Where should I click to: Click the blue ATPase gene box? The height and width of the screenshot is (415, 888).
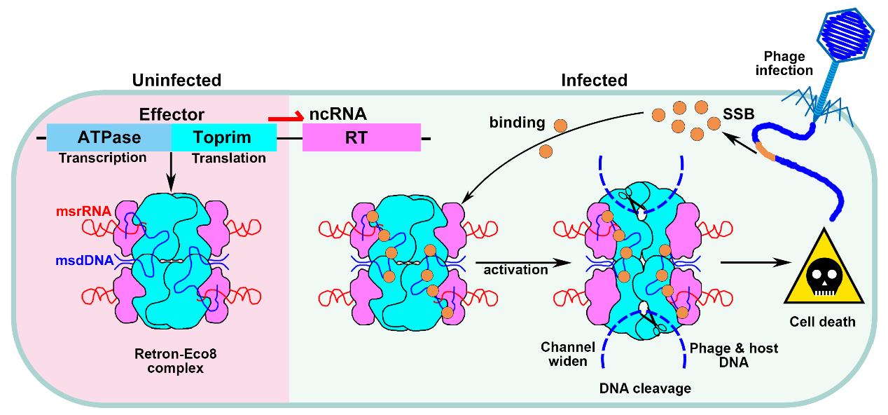109,137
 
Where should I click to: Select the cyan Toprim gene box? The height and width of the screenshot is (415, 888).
224,137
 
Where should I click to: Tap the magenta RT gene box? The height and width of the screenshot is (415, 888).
361,137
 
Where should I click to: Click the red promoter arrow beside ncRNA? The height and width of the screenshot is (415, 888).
286,116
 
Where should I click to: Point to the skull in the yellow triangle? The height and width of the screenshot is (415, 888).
824,276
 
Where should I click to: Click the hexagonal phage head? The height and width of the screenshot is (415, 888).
845,36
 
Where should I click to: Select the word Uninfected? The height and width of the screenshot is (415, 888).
176,80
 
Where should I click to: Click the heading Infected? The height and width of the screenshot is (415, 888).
595,80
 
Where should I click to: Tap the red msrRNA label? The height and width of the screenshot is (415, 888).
83,211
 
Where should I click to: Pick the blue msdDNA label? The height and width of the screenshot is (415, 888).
85,260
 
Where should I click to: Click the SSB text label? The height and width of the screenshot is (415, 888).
739,114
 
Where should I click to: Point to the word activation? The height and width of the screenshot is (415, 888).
515,270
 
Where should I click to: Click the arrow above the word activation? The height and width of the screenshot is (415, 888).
523,262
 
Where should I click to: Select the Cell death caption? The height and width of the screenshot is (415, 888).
823,321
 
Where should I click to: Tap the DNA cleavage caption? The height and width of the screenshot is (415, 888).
645,388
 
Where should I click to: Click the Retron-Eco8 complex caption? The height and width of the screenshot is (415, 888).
176,360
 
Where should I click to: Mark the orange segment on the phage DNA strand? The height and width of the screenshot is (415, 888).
765,151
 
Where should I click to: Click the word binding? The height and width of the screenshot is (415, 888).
517,123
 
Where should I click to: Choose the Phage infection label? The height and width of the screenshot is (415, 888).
784,63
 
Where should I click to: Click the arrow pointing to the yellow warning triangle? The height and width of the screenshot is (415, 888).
756,262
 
